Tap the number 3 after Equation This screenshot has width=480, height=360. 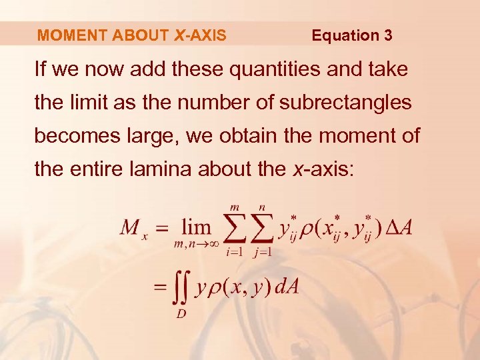pos(388,35)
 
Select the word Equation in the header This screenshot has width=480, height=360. pos(343,35)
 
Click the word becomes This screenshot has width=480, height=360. pos(73,136)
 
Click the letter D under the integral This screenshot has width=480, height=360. pos(181,314)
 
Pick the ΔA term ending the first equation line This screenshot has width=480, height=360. pos(399,228)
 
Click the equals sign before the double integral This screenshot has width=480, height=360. pos(160,287)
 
